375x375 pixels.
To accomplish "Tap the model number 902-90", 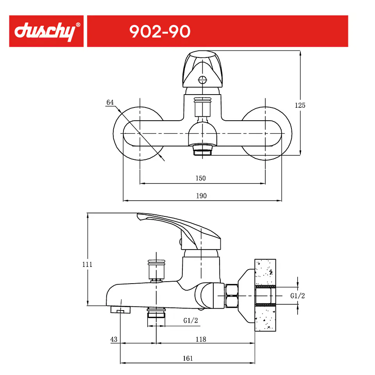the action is (x=160, y=32).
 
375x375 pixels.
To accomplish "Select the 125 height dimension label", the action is (x=300, y=105).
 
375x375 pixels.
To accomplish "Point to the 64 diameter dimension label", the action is (x=110, y=102).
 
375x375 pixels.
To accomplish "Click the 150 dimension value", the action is (x=200, y=178).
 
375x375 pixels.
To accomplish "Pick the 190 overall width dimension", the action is (x=202, y=196).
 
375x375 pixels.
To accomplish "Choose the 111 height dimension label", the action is (x=87, y=264).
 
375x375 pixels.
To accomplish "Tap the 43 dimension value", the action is (x=114, y=339).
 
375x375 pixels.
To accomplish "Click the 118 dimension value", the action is (x=201, y=339).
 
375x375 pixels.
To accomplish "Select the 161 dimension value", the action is (x=188, y=358).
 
